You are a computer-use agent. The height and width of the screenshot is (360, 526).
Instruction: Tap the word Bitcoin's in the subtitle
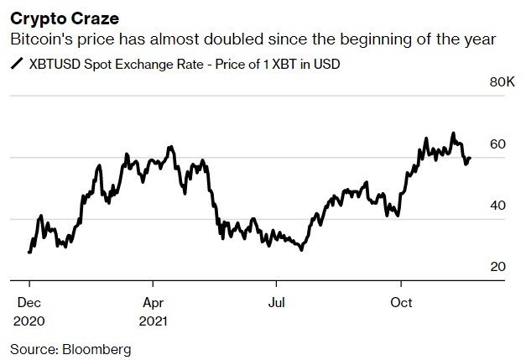(39, 39)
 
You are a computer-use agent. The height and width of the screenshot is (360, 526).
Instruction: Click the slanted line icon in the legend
(16, 63)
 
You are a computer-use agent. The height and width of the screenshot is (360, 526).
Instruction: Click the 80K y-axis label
(502, 82)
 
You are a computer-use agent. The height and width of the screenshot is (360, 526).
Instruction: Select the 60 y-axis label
(497, 144)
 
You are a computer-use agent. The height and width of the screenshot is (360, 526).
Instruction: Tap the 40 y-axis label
(497, 206)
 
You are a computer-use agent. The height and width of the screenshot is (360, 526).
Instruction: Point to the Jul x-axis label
(277, 302)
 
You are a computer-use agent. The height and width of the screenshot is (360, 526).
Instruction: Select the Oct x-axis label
(401, 302)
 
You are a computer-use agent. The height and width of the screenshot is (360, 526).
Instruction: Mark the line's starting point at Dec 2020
(29, 252)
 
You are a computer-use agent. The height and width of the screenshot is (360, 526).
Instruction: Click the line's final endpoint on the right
(470, 158)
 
